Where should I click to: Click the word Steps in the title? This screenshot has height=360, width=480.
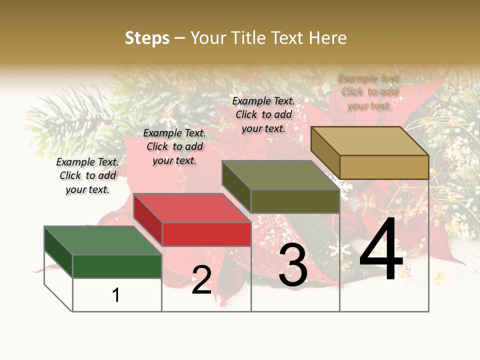click(147, 38)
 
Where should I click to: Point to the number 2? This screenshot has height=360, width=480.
click(201, 280)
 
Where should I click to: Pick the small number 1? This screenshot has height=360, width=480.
click(116, 295)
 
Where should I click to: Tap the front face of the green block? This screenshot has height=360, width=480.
click(117, 266)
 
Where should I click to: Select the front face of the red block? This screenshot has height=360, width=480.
click(206, 233)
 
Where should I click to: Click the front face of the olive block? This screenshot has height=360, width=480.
click(295, 201)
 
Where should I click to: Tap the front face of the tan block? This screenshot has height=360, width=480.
click(384, 167)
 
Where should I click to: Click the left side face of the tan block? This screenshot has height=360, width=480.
click(325, 152)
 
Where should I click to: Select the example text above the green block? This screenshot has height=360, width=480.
click(87, 175)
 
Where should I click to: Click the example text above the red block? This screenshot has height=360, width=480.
click(174, 146)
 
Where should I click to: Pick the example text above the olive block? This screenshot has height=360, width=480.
click(263, 114)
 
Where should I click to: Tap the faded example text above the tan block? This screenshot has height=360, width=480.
click(369, 91)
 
